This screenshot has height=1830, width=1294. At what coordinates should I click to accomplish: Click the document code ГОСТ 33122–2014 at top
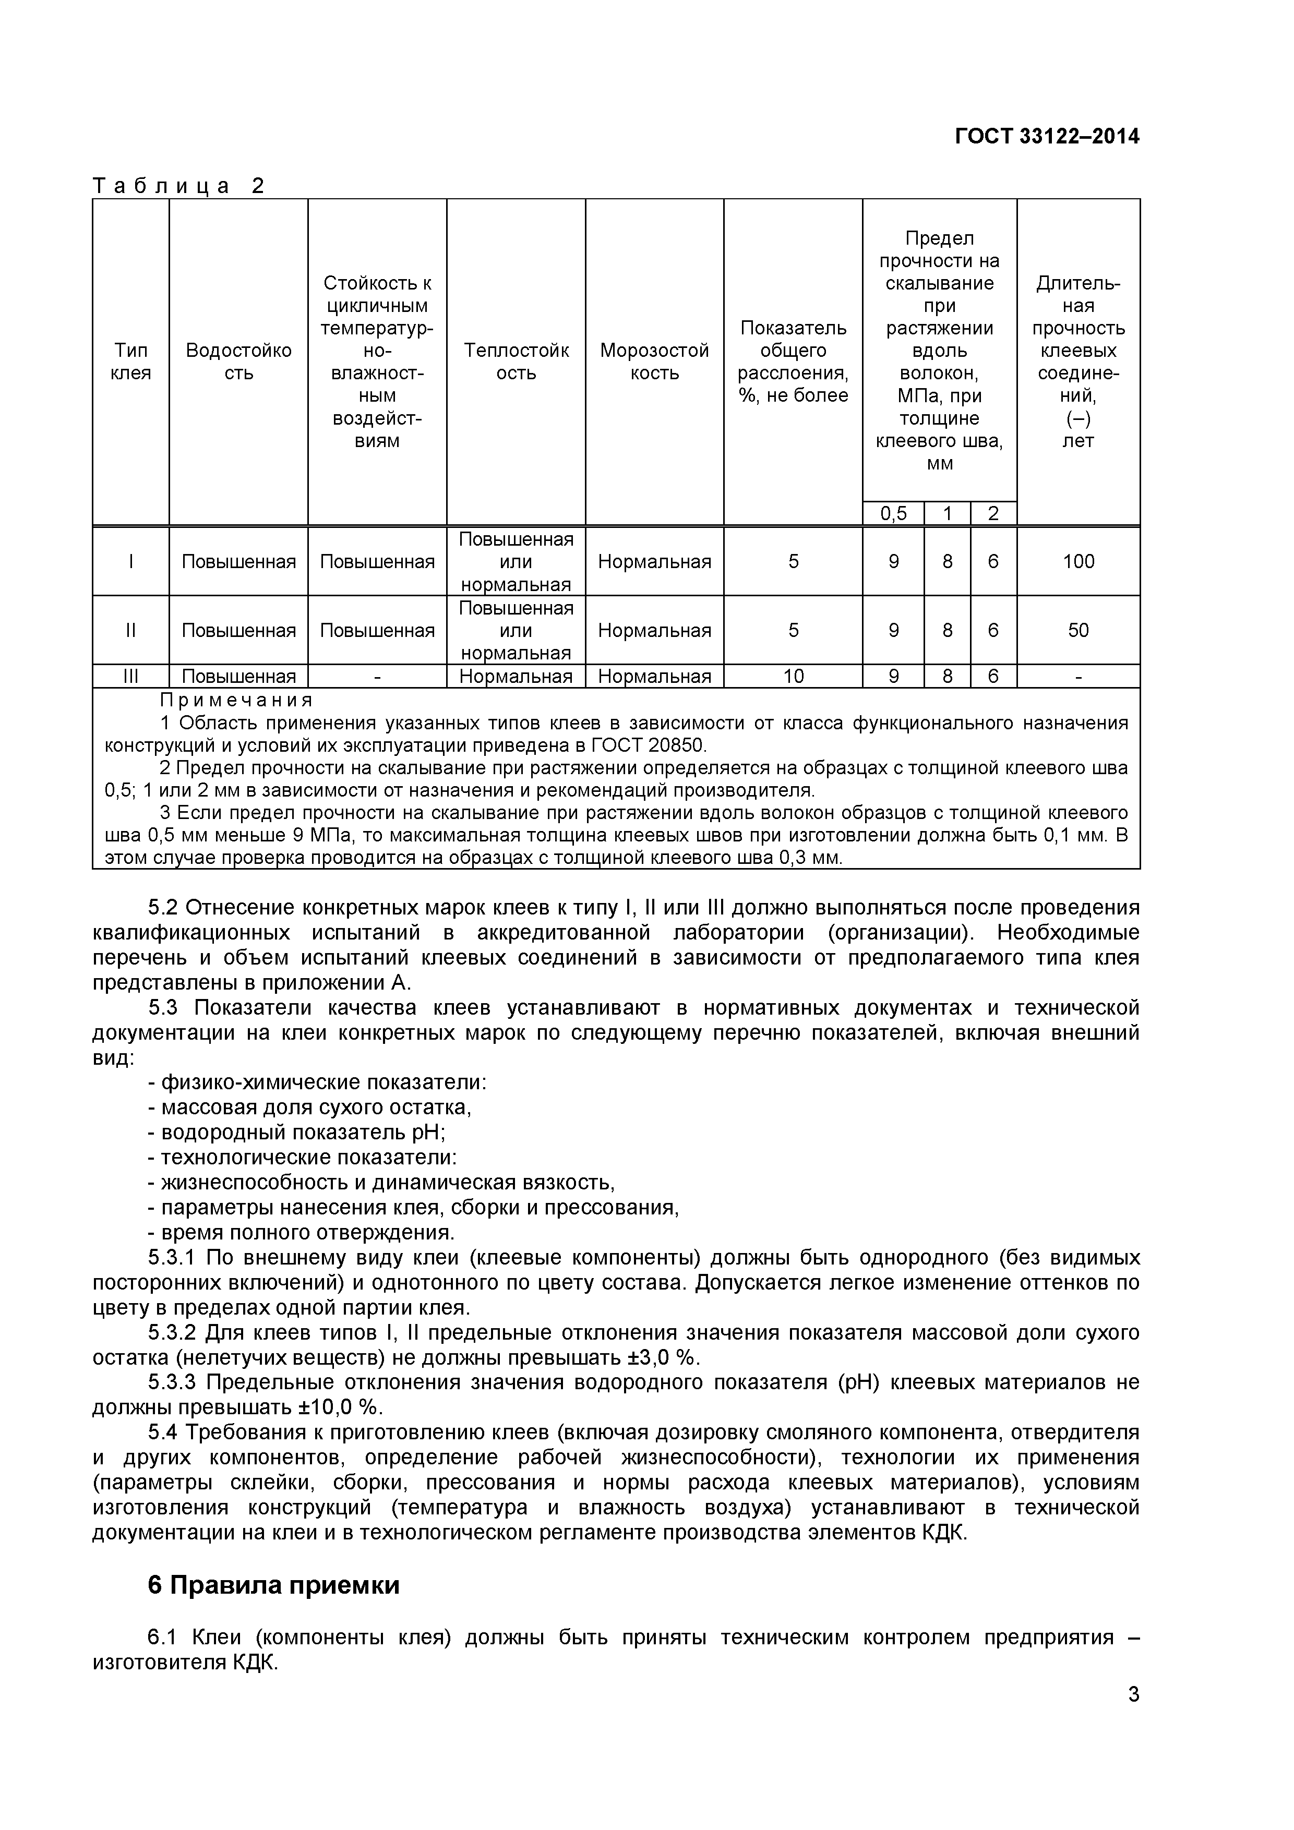point(1047,137)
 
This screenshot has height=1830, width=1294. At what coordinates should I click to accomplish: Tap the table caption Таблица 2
point(178,187)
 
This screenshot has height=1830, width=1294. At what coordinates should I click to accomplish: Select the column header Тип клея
point(131,362)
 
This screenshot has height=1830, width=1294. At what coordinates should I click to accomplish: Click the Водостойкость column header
point(238,362)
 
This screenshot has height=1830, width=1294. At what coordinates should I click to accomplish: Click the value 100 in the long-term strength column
point(1078,562)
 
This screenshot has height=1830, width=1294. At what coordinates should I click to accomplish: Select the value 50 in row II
point(1078,631)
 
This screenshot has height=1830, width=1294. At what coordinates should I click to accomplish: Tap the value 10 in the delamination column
point(793,677)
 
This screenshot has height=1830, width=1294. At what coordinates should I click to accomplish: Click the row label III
point(131,677)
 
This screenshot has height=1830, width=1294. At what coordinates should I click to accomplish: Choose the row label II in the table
point(131,631)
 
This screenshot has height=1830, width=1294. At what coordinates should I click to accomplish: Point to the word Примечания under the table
point(236,701)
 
